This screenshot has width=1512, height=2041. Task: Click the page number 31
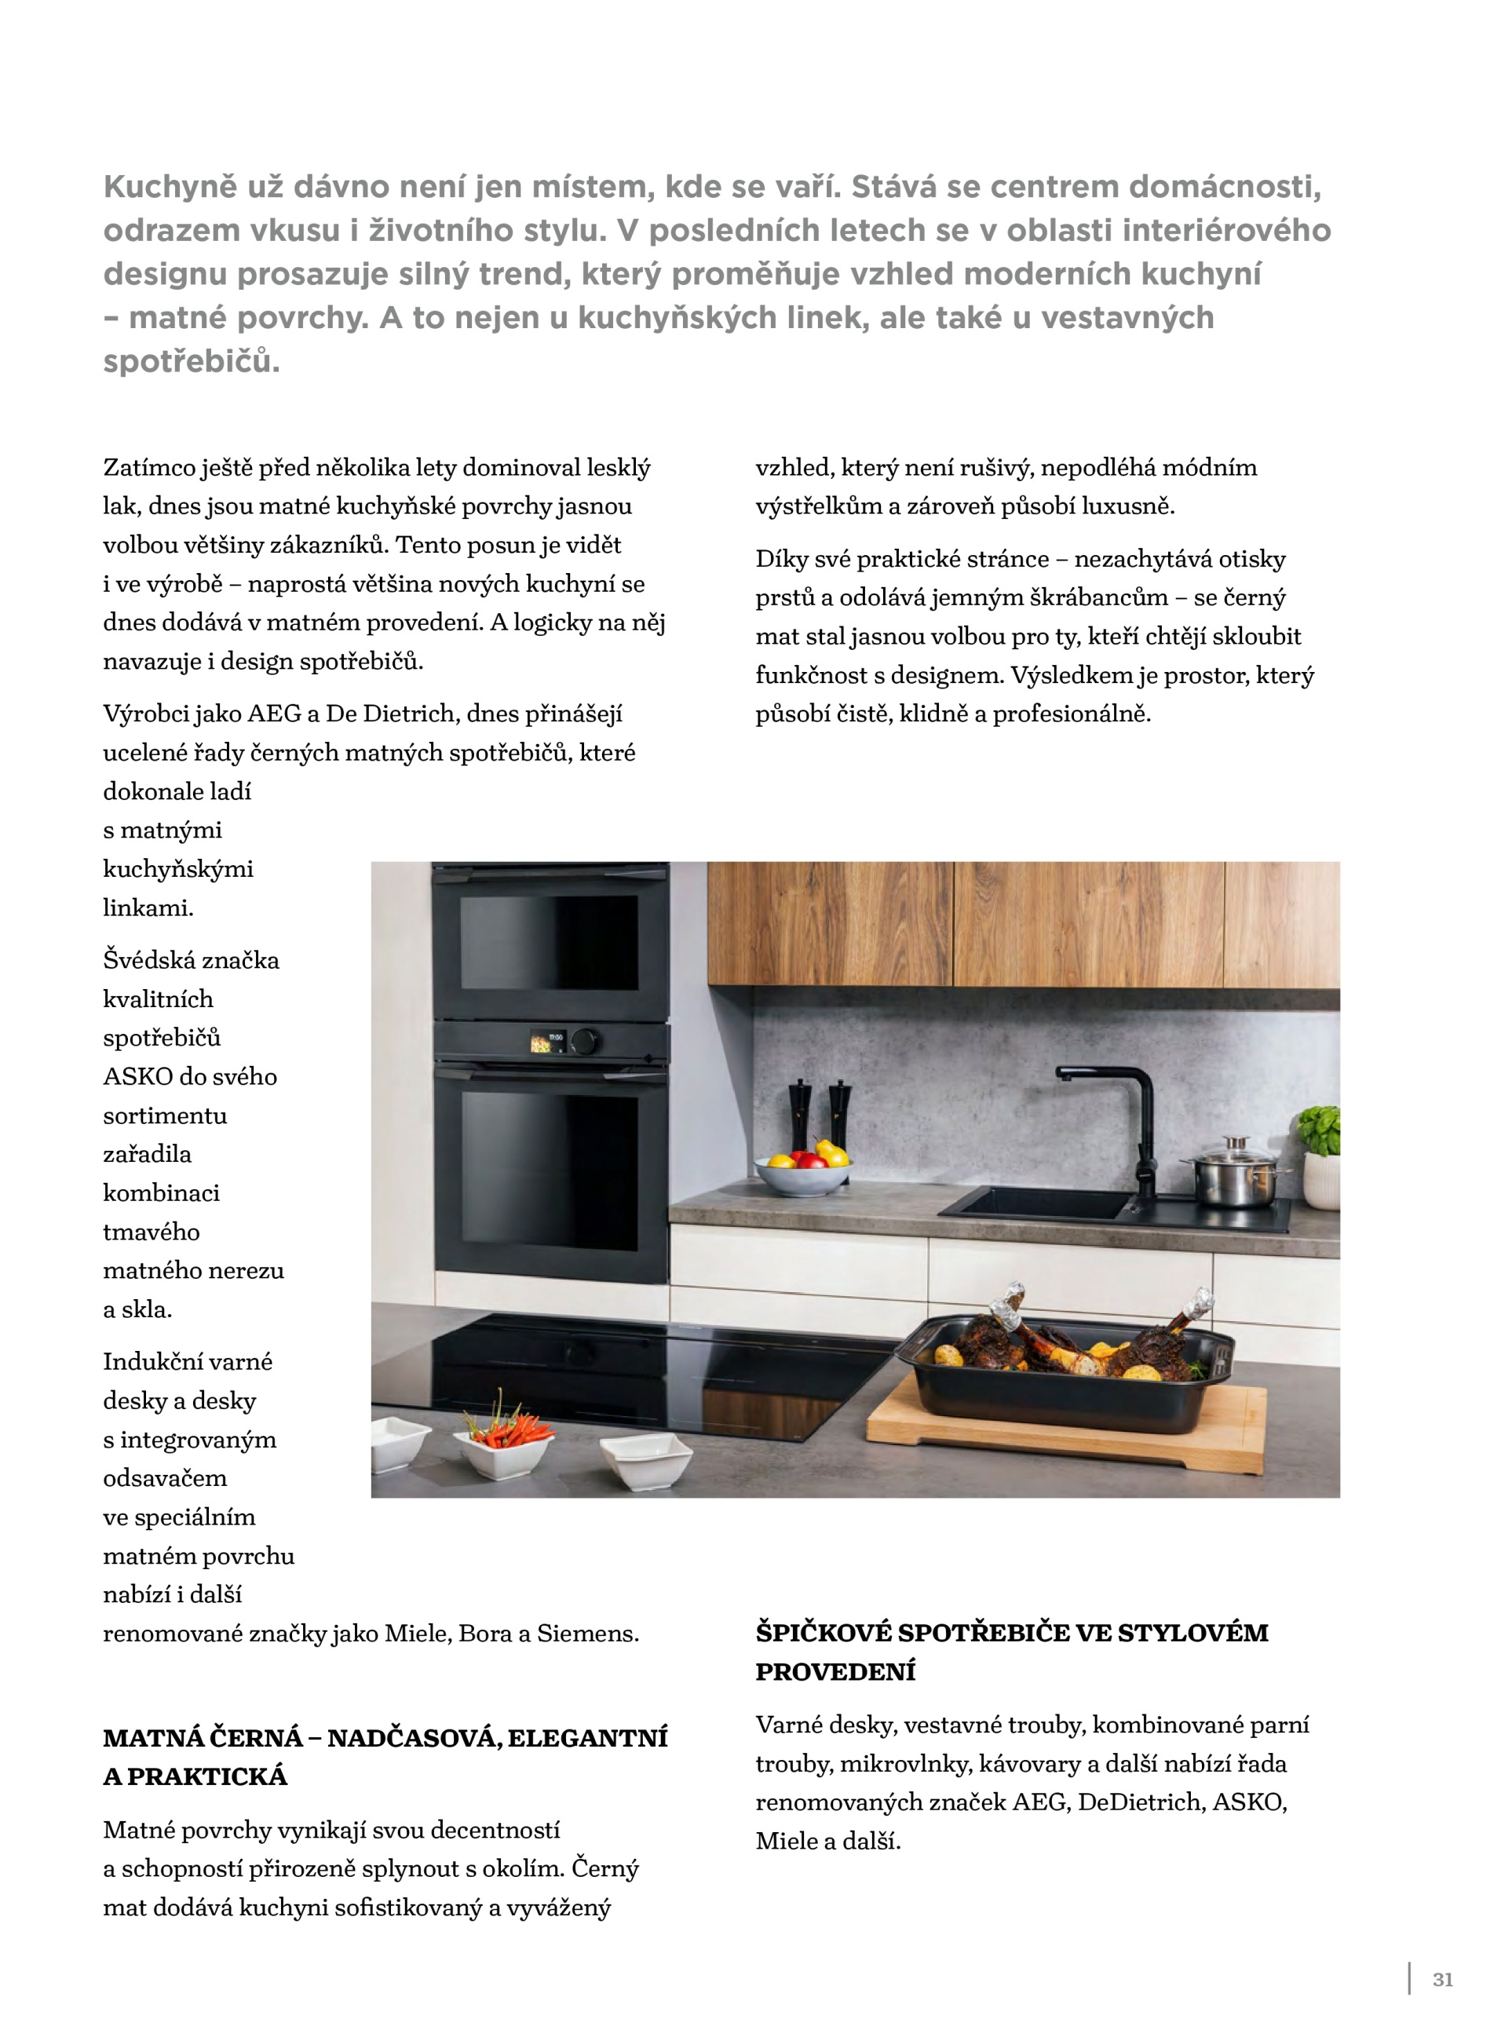(x=1442, y=1979)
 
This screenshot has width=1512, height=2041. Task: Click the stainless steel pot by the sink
(x=1235, y=1174)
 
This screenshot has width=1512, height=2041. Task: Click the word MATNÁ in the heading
(x=153, y=1737)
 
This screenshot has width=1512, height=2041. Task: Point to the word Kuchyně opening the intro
(x=170, y=187)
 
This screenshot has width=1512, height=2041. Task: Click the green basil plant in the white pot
(x=1320, y=1131)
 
